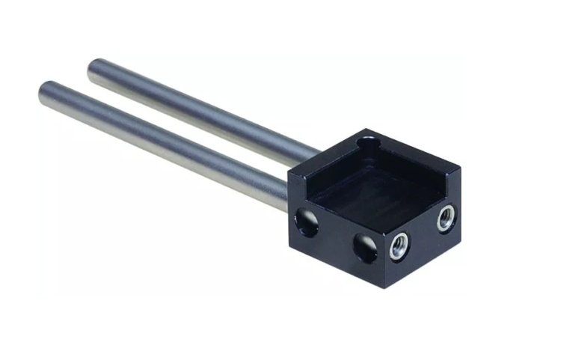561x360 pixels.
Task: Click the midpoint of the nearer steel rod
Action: click(x=165, y=142)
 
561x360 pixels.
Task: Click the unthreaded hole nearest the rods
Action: click(x=306, y=221)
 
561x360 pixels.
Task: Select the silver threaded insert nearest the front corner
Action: click(x=399, y=245)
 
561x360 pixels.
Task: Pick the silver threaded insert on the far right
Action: click(x=446, y=219)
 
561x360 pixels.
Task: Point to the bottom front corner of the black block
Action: click(x=386, y=278)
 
